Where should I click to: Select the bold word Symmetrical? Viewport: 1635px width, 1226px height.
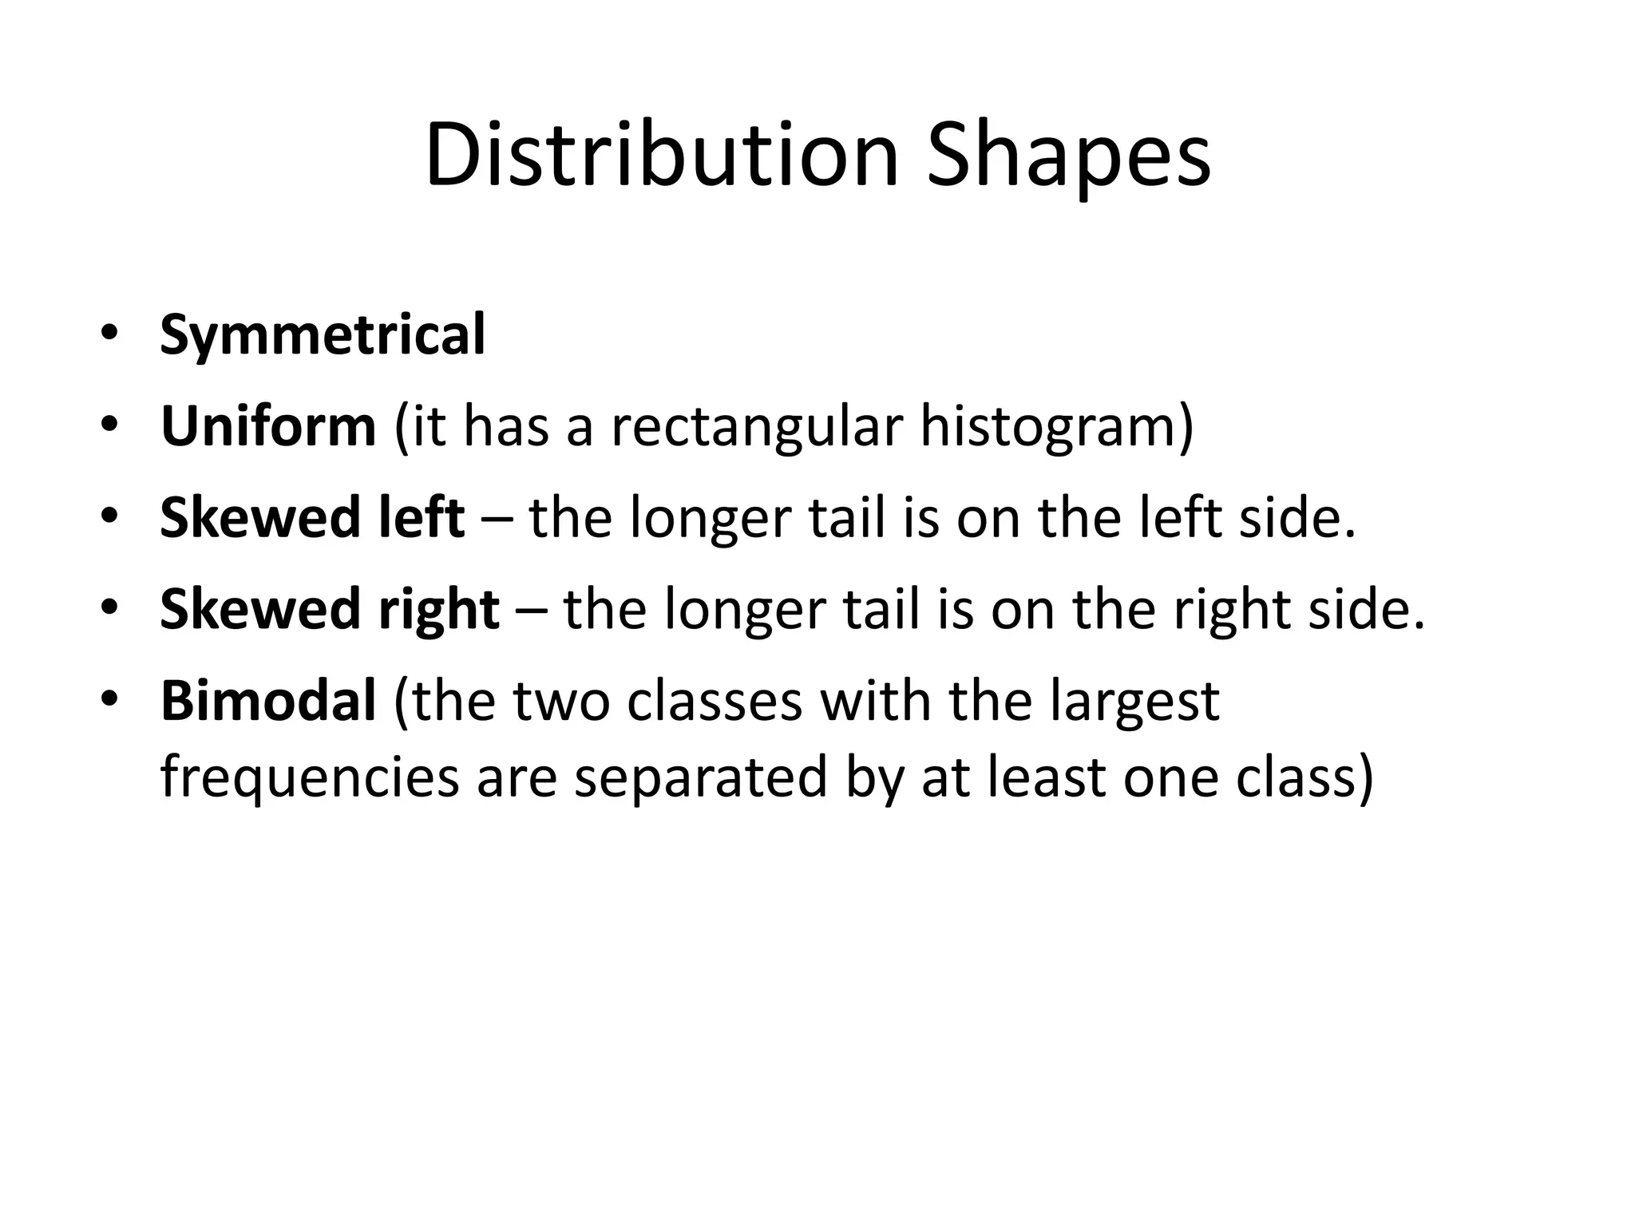(323, 335)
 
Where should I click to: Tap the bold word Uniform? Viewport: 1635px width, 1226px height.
(268, 426)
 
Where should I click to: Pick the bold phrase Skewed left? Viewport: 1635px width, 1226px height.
(312, 518)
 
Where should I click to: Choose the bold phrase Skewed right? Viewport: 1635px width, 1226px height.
(330, 609)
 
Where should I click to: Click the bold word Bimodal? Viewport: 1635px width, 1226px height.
(268, 701)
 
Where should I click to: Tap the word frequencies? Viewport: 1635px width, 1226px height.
(309, 777)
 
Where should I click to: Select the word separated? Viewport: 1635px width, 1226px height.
(701, 777)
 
